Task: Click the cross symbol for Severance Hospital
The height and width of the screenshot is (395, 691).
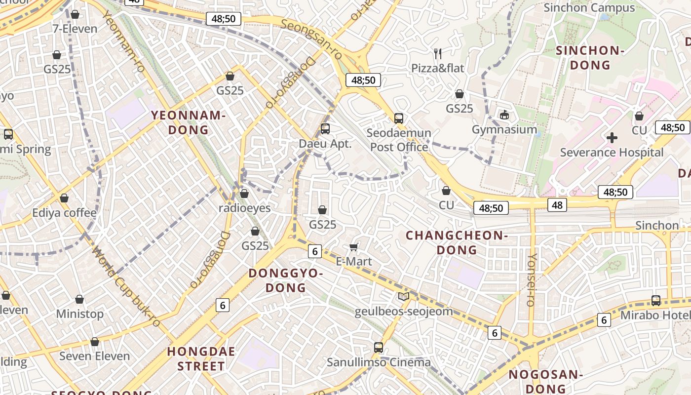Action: point(612,138)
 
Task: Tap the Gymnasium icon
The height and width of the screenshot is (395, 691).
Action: point(504,115)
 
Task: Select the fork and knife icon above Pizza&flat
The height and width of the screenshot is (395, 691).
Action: point(438,53)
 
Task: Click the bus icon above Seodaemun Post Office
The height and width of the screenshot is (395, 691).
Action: point(399,118)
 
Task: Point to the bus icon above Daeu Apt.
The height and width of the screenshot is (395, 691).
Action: point(325,129)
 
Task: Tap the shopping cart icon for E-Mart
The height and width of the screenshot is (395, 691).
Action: point(353,246)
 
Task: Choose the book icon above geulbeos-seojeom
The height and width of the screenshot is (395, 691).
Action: point(404,297)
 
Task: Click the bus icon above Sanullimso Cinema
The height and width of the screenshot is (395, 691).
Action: point(379,347)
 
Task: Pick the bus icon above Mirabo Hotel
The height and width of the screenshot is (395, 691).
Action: point(656,300)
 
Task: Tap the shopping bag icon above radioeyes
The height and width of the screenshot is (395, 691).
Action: point(244,194)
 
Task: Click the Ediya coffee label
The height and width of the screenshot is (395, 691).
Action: point(64,213)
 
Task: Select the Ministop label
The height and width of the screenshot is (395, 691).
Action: point(79,314)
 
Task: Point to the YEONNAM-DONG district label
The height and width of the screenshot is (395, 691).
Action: point(188,122)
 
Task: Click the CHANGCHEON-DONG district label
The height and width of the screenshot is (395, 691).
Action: point(457,242)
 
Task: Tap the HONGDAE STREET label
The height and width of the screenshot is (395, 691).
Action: point(201,359)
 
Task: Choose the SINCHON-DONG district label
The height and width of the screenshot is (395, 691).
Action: point(590,58)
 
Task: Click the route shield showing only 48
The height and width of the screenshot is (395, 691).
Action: point(557,204)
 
